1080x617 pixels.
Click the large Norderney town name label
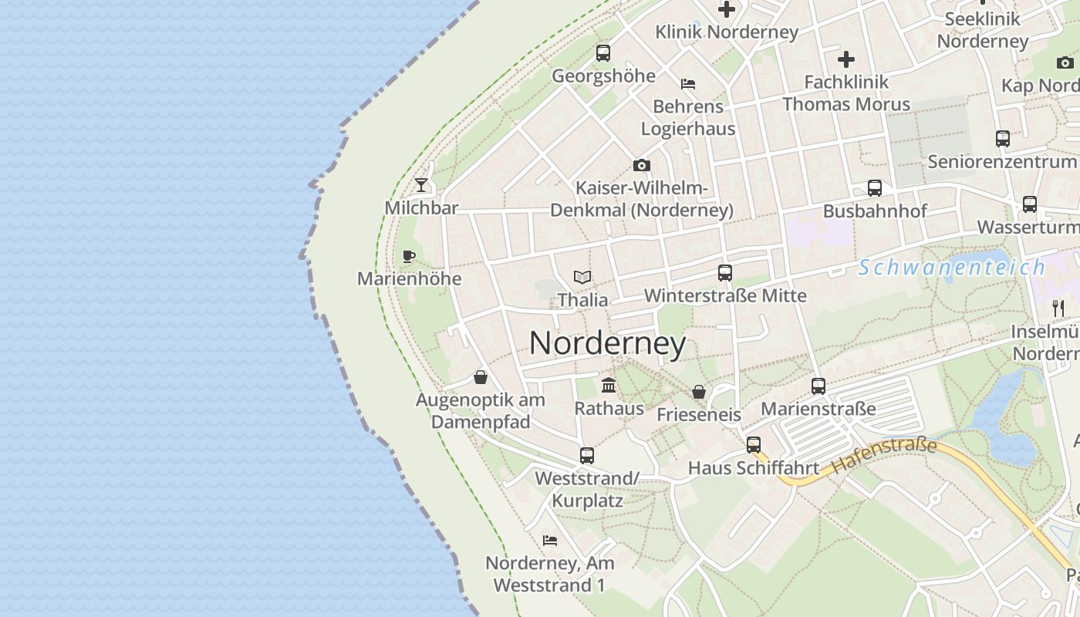(607, 343)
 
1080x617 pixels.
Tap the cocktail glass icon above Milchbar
(421, 184)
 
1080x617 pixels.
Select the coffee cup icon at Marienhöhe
(409, 256)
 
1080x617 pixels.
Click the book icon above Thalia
(582, 277)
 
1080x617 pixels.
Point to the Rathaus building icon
(609, 385)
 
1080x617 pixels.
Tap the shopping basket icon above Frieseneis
(699, 392)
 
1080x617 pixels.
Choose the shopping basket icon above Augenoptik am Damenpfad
(481, 377)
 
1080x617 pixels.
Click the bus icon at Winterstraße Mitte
(725, 272)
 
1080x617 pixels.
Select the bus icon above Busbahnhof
(875, 188)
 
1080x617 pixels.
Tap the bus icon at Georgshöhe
(603, 53)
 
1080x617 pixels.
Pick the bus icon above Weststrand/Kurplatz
(587, 455)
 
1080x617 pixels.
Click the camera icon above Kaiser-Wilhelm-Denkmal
(641, 165)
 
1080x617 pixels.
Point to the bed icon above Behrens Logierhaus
(688, 83)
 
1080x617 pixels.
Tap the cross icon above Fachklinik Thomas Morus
(846, 59)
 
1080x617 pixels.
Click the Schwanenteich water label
(952, 268)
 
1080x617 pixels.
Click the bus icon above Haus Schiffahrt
(754, 445)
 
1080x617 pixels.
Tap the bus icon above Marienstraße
(818, 386)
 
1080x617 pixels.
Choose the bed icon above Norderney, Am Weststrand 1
(550, 540)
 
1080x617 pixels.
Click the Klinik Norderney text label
(727, 32)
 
